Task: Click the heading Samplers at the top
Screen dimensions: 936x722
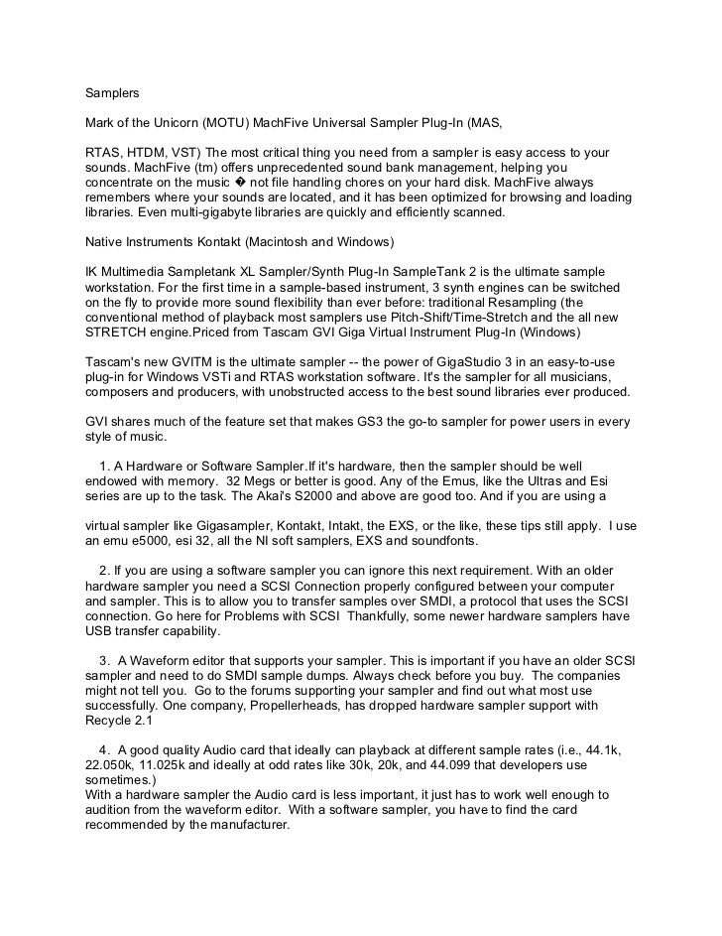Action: click(111, 94)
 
